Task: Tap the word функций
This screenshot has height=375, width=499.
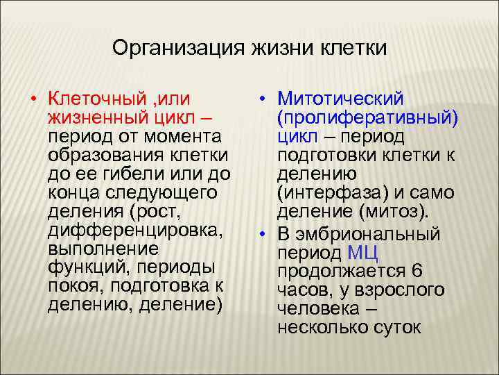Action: point(87,267)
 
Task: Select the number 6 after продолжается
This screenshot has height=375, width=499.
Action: point(417,270)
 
